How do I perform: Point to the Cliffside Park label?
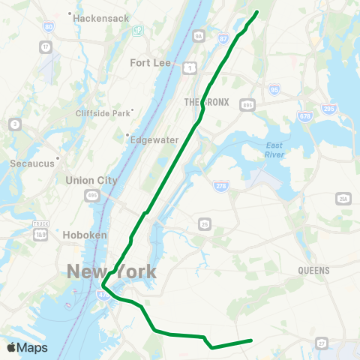point(103,113)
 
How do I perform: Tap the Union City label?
point(91,180)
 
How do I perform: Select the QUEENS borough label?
point(313,270)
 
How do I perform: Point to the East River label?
point(275,149)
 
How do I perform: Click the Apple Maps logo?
point(27,348)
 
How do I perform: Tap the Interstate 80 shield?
point(49,27)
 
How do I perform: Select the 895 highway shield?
point(246,105)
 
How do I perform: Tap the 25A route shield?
point(343,198)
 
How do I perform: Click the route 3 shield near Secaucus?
point(14,123)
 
